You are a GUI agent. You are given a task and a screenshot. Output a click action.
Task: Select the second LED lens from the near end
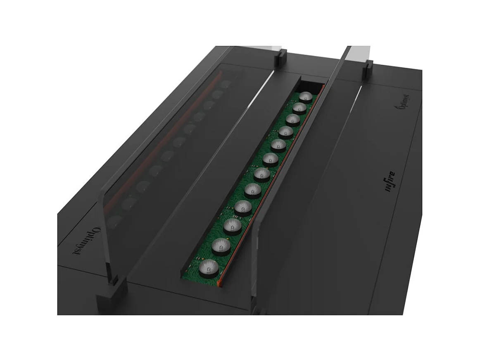coord(221,246)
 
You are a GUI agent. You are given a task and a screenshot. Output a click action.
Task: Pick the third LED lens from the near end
coord(233,225)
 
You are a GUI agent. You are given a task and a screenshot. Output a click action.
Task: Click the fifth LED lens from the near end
coord(252,190)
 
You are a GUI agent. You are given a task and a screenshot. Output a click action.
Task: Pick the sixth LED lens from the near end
coord(261,174)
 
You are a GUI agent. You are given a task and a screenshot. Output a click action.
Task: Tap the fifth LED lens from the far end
coord(278,145)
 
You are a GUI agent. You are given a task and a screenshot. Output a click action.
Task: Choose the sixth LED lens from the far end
coord(270,159)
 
